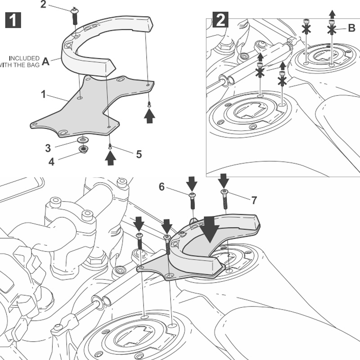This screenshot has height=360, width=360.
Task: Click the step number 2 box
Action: point(220,20)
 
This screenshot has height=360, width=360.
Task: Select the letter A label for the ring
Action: point(46,62)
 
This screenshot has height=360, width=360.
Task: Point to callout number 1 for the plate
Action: point(44,94)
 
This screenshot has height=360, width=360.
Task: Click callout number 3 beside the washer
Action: point(47,147)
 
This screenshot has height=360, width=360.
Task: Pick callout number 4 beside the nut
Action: point(51,162)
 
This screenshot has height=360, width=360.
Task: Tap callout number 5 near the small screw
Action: point(139,154)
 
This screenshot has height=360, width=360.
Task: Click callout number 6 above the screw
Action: point(162,187)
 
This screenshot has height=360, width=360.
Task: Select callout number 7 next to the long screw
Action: point(254,200)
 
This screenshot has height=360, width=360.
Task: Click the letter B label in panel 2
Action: point(351,28)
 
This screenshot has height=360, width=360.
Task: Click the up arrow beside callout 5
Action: point(109,158)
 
